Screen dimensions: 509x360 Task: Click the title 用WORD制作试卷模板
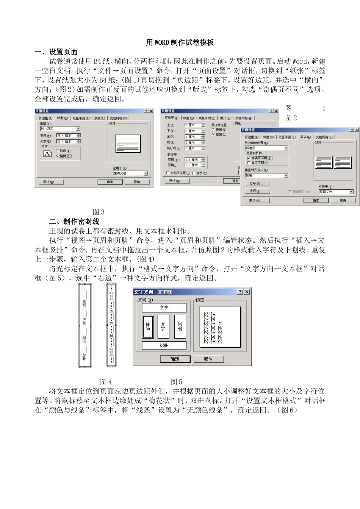(x=180, y=42)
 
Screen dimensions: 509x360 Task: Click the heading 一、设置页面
(x=56, y=52)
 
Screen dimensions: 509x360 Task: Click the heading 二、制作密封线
(x=74, y=222)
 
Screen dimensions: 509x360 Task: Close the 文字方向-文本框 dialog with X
(x=247, y=292)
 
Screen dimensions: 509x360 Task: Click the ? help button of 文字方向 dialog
(x=240, y=292)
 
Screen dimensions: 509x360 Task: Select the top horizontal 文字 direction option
(x=164, y=308)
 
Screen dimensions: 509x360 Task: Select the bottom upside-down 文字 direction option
(x=164, y=345)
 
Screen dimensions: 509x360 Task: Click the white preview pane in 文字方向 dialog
(x=220, y=327)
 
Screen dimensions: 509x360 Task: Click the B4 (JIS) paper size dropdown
(x=60, y=129)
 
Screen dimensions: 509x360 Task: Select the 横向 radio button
(x=58, y=156)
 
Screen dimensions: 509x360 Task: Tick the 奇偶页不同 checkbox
(x=249, y=158)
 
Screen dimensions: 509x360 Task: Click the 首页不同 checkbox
(x=249, y=163)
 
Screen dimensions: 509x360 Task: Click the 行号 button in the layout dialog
(x=257, y=184)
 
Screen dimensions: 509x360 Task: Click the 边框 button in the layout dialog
(x=257, y=191)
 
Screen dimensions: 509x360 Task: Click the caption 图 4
(x=106, y=381)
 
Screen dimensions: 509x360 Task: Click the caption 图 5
(x=176, y=381)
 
